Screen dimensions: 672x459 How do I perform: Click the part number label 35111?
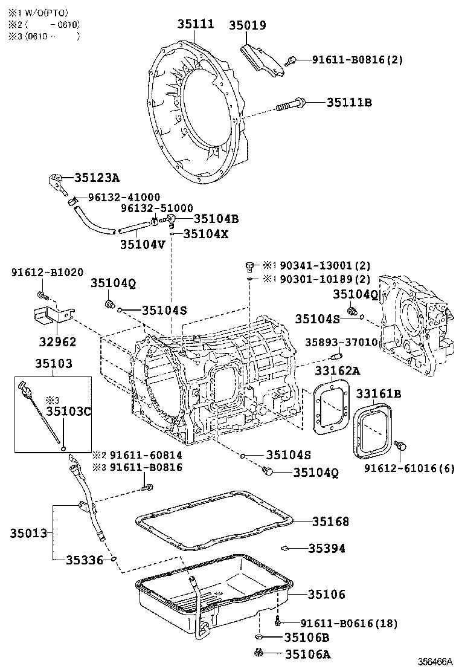(x=196, y=24)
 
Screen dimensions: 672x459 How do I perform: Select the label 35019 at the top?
(x=247, y=25)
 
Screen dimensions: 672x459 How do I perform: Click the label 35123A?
(x=97, y=178)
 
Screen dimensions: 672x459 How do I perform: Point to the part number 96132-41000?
(x=124, y=197)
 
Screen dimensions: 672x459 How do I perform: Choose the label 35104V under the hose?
(x=143, y=244)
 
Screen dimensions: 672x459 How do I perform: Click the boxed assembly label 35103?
(x=53, y=364)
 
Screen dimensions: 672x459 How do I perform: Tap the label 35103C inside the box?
(x=69, y=412)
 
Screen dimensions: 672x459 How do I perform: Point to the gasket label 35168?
(x=330, y=521)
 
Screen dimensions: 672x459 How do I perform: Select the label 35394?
(x=327, y=548)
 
